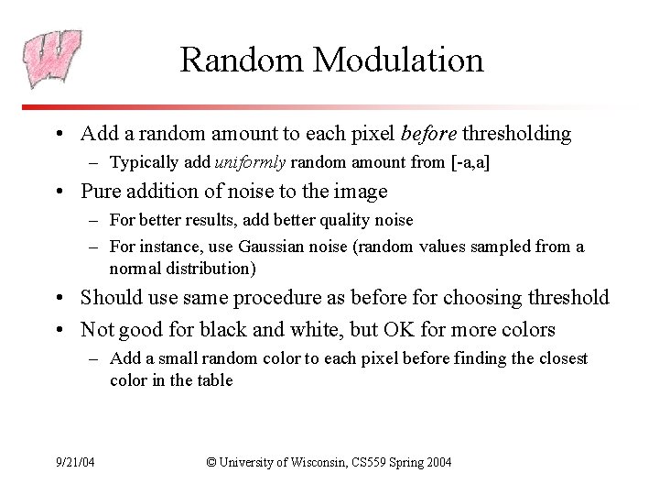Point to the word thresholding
pyautogui.click(x=516, y=134)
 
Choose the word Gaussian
pyautogui.click(x=272, y=247)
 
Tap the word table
pyautogui.click(x=215, y=379)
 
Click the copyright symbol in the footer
pyautogui.click(x=211, y=460)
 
